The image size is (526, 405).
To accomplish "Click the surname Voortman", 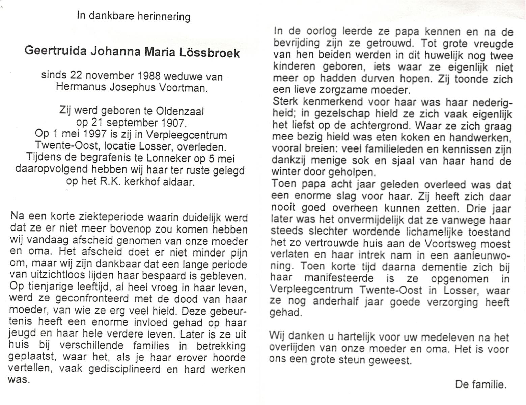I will (x=186, y=88).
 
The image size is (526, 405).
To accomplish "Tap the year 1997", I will (x=96, y=135).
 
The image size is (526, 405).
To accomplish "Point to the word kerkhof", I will (x=143, y=182).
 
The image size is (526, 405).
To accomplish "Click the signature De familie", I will (x=480, y=384).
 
